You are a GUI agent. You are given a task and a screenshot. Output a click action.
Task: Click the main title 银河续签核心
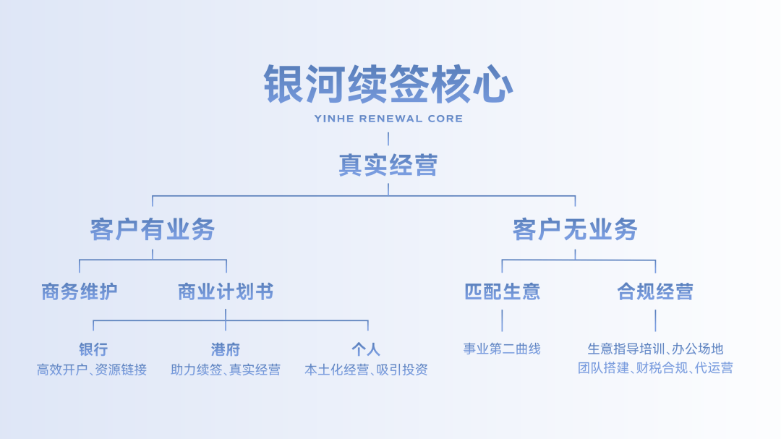[388, 85]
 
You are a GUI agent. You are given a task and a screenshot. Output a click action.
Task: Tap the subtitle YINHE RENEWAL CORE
[388, 119]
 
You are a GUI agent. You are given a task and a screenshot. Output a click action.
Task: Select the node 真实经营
[388, 166]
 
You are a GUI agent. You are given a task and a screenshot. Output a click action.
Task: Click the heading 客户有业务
[153, 230]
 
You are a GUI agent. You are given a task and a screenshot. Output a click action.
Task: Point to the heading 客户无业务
[575, 230]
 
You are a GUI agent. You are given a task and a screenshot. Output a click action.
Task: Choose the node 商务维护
[80, 291]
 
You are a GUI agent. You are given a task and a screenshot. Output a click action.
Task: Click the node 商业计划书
[226, 291]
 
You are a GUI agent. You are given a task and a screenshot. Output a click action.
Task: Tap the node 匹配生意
[502, 291]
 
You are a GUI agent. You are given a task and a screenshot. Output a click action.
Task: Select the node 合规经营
[655, 291]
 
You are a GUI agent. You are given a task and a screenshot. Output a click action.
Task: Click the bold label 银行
[93, 349]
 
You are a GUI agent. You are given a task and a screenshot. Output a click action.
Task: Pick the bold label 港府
[226, 349]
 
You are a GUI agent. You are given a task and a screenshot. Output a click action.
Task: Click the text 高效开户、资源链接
[92, 370]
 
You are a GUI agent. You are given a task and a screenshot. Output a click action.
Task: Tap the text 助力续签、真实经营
[226, 370]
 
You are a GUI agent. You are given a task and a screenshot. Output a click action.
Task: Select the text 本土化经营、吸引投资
[366, 370]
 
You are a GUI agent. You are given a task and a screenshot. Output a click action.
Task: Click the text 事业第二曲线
[502, 349]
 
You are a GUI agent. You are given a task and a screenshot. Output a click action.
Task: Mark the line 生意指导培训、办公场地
[655, 349]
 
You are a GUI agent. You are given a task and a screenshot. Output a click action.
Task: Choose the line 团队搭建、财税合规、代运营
[655, 368]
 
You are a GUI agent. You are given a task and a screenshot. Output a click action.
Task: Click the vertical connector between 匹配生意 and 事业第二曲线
[502, 320]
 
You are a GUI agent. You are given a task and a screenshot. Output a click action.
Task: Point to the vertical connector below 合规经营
[655, 320]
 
